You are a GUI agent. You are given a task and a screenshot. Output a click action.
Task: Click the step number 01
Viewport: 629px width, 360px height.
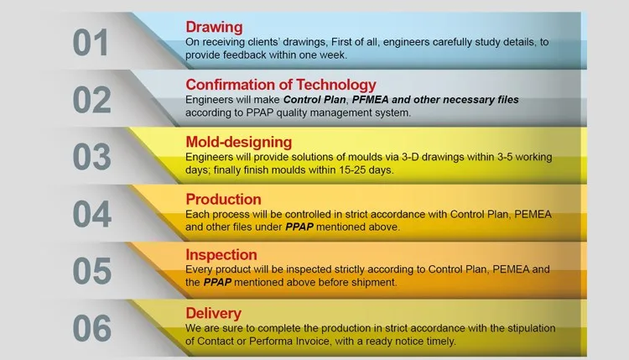91,43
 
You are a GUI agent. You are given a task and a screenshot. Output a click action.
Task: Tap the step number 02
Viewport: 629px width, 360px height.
92,100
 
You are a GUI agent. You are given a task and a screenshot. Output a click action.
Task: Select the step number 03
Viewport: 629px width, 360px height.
92,157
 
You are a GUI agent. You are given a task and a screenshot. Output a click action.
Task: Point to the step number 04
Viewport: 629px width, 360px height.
92,214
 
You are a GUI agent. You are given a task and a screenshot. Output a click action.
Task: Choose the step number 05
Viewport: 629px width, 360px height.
92,271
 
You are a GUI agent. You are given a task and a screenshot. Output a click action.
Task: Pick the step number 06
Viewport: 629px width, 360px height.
92,328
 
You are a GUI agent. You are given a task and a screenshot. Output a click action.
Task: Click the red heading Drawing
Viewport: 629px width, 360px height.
214,27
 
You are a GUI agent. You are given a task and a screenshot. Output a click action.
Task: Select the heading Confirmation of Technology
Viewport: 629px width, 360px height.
281,85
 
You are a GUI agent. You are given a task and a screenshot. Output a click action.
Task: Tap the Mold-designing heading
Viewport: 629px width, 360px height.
239,142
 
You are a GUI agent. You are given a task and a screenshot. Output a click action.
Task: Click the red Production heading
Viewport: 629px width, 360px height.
223,200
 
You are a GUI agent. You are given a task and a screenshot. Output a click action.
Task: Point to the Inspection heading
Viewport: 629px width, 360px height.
221,255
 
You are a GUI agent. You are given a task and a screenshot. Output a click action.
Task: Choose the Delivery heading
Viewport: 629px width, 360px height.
213,314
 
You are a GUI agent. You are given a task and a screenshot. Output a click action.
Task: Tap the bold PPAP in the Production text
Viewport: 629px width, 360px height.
299,227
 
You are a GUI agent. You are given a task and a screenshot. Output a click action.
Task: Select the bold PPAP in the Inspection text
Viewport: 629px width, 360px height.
217,283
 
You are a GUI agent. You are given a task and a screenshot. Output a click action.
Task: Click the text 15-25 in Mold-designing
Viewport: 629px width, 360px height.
352,170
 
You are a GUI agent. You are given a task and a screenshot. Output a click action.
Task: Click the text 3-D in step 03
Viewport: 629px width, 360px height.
410,157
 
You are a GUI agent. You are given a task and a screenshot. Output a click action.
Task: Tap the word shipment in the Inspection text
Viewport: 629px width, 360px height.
374,283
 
